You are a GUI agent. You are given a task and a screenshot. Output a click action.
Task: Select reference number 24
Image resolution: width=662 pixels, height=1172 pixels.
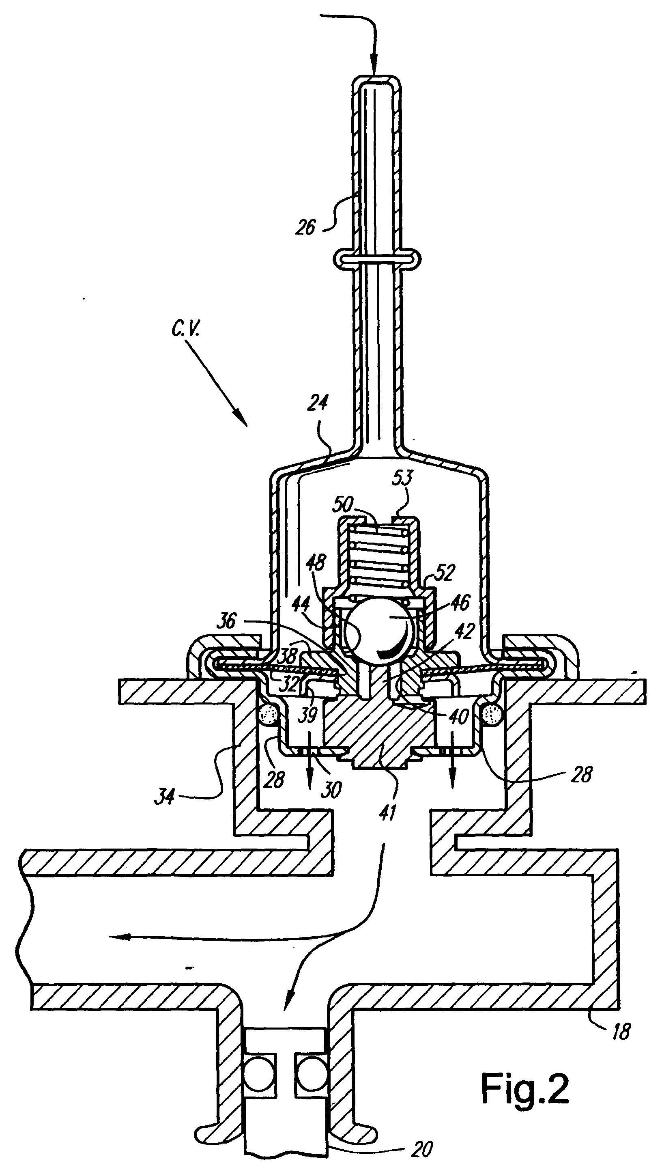coord(317,403)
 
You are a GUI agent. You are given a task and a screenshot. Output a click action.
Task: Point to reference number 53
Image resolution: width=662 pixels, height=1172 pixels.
coord(403,478)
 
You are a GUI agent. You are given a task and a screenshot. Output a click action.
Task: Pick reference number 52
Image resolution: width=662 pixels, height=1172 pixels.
coord(444,573)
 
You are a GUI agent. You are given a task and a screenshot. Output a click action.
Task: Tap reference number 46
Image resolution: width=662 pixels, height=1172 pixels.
coord(460,603)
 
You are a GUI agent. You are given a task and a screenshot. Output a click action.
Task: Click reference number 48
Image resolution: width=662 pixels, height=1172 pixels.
coord(316,563)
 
